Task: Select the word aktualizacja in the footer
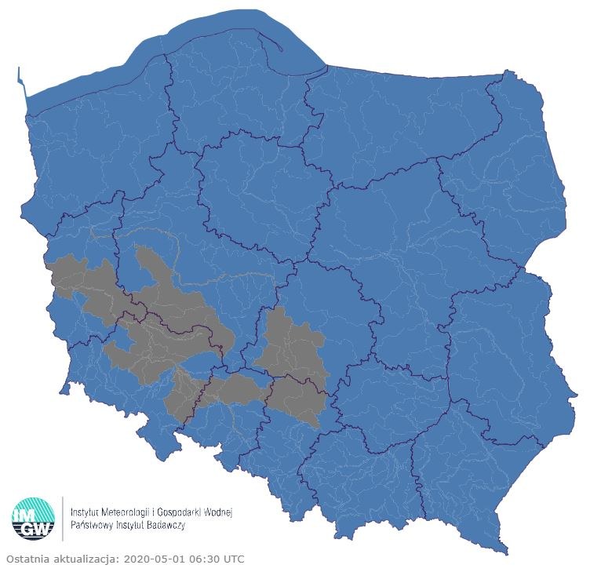coord(86,559)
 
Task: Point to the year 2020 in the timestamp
coord(134,559)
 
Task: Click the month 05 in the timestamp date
coord(155,559)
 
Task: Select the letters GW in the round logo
coord(34,530)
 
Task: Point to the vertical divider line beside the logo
coord(63,518)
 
